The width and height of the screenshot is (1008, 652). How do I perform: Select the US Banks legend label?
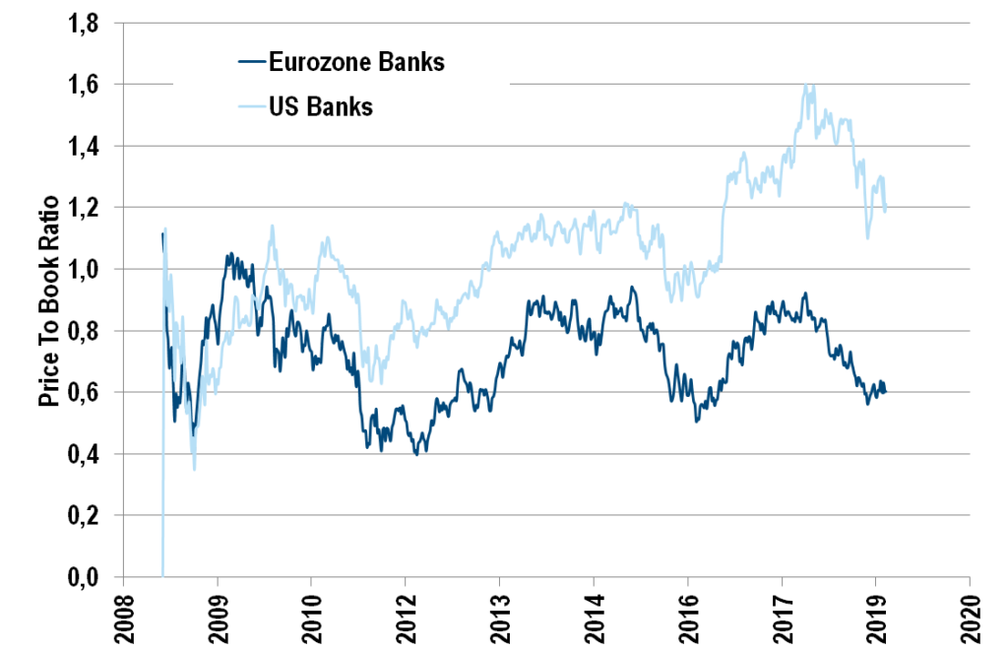[321, 106]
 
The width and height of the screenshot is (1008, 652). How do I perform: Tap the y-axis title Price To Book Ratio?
[49, 303]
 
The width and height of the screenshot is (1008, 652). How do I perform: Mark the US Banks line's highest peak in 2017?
[809, 85]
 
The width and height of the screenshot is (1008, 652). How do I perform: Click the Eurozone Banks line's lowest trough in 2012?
[417, 454]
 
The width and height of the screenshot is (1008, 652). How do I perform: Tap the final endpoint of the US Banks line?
[886, 209]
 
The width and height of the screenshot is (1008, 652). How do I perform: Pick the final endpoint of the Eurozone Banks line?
[886, 392]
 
